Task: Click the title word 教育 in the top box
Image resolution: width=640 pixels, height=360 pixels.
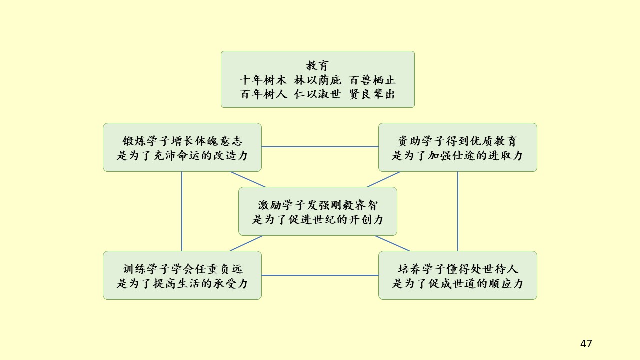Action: point(317,65)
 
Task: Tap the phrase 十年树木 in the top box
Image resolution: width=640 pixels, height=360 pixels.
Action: point(263,80)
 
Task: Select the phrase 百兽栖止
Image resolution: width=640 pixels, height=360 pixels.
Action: point(373,80)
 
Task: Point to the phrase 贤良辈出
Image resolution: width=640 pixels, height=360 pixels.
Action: point(373,94)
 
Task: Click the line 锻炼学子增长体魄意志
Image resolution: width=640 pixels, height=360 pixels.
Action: point(182,141)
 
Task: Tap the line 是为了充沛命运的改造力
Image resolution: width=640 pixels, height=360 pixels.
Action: point(182,155)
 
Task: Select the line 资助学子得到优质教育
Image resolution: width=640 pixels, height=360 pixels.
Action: point(457,141)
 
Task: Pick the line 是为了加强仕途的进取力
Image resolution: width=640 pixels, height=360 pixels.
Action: point(457,155)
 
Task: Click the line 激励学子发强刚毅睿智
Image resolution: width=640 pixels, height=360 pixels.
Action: point(318,205)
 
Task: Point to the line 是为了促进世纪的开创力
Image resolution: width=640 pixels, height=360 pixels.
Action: point(318,219)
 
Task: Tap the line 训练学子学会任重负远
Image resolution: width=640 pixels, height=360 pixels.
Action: point(182,269)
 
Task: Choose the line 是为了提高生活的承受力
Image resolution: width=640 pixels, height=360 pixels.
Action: point(182,283)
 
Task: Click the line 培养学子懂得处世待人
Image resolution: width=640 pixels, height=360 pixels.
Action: point(457,269)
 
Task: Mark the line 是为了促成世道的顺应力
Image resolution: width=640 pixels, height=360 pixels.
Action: point(457,283)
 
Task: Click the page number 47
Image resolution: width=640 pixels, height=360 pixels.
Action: point(586,344)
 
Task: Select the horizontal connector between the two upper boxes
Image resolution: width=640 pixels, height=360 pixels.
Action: point(320,147)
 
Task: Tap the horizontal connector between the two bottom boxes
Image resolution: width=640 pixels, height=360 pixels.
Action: point(320,275)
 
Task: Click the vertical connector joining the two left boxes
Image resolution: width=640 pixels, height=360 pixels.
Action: point(182,211)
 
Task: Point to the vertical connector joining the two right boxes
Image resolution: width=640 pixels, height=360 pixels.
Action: point(458,211)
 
